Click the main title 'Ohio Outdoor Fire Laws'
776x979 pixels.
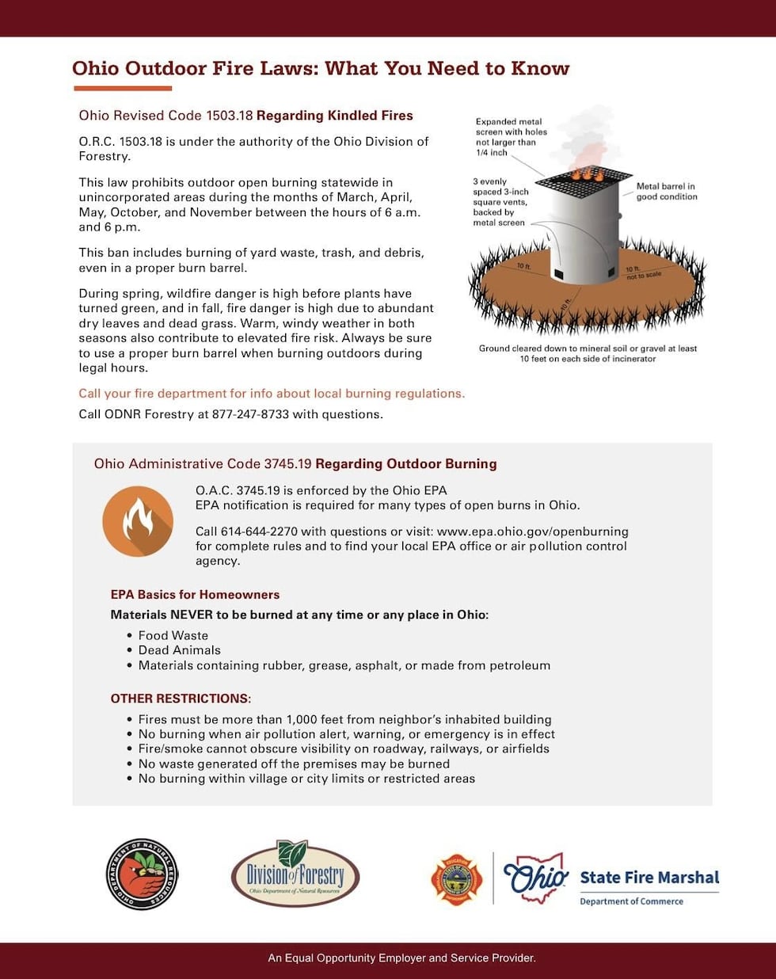coord(320,68)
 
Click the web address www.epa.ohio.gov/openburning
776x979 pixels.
coord(532,531)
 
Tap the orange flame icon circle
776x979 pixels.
coord(138,521)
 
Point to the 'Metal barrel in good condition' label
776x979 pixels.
coord(666,192)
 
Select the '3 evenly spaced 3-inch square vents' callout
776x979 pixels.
coord(500,202)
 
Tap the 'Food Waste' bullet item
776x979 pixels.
coord(173,635)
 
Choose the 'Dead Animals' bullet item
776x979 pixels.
coord(179,650)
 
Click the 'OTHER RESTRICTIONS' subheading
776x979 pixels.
coord(181,699)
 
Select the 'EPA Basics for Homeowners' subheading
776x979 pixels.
coord(195,595)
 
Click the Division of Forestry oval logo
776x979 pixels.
coord(295,874)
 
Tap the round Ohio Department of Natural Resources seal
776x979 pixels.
coord(143,874)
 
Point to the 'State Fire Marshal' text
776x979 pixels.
coord(649,878)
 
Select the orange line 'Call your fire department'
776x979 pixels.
coord(272,394)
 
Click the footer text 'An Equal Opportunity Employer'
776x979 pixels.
coord(401,958)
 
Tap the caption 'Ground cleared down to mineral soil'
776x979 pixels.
coord(588,353)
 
